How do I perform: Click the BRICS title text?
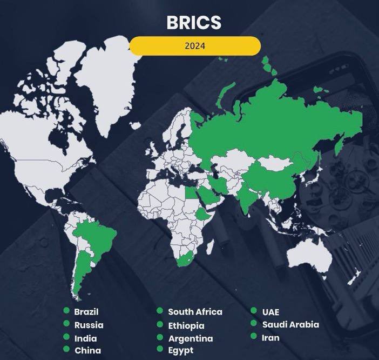194,23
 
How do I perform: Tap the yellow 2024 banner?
194,46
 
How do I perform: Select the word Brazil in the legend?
86,311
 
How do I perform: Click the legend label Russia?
89,325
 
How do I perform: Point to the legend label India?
86,338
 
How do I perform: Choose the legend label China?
87,350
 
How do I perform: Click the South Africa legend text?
195,312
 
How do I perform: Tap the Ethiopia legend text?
186,325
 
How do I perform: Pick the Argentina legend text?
190,338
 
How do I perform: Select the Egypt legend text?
180,350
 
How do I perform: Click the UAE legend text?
270,312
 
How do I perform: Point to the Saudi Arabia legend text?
290,325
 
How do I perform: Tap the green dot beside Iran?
253,337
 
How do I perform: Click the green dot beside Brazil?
66,311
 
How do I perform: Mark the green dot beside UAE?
253,311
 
